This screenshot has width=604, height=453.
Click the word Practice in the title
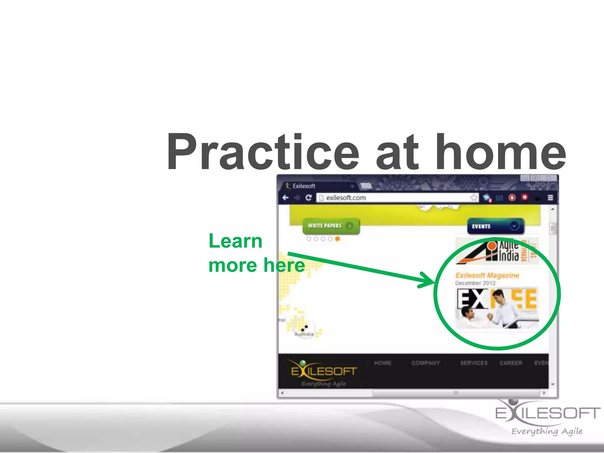[x=262, y=153]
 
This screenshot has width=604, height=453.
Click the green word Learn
[x=235, y=241]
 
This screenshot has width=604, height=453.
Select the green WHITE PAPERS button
[x=331, y=226]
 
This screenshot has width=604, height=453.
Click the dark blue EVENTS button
[x=495, y=226]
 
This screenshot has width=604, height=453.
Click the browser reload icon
[x=308, y=198]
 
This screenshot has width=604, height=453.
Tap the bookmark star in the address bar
[x=474, y=198]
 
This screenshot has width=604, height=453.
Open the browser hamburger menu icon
[x=550, y=198]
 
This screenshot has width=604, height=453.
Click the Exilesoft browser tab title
[x=304, y=186]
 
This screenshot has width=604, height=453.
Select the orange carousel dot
[x=337, y=239]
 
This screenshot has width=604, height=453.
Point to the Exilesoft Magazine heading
[x=487, y=275]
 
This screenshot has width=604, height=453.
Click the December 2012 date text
[x=475, y=283]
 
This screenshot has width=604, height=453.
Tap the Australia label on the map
[x=304, y=334]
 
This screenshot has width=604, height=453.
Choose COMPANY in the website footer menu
[x=425, y=363]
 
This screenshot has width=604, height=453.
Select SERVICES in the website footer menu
[x=474, y=363]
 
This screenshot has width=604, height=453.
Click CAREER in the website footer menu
[x=511, y=363]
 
